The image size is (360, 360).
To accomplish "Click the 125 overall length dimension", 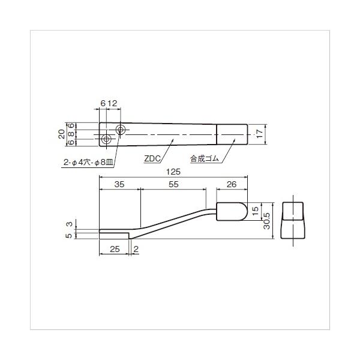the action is [173, 172].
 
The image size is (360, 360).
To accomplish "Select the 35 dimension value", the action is [119, 184].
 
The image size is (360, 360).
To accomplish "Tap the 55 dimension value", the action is [173, 184].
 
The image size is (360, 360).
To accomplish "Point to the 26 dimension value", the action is [232, 184].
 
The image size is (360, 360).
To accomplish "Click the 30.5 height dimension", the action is [267, 221].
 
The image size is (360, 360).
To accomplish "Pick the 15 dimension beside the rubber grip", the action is [255, 211].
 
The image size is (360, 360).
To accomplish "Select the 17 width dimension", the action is [259, 134].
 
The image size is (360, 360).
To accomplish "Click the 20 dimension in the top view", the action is [62, 134].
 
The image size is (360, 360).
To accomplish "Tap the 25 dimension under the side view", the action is [115, 249].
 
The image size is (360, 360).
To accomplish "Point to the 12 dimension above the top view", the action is [112, 103].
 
